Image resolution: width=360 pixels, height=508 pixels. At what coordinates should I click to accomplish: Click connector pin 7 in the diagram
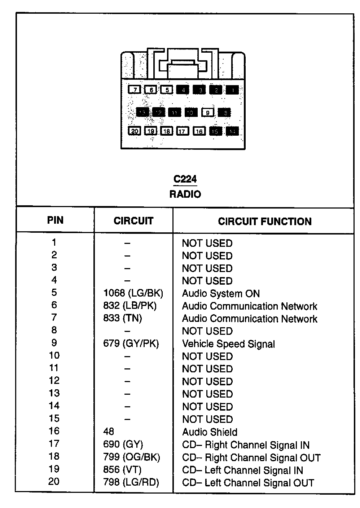134,89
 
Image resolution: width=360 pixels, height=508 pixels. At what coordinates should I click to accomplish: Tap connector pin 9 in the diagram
208,113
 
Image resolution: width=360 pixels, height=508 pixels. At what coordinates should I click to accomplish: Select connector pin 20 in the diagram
134,131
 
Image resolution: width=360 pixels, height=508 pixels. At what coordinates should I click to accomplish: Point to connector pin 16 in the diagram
199,131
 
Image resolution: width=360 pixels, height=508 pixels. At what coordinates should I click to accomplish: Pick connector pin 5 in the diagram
167,89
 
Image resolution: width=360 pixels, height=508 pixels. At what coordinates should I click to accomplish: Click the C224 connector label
185,179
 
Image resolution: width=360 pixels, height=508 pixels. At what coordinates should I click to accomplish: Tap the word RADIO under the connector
185,194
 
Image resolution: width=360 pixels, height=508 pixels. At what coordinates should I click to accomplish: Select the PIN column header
55,220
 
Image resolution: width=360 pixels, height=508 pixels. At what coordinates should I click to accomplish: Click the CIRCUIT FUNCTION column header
264,221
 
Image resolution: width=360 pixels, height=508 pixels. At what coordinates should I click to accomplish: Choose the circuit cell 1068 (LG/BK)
133,293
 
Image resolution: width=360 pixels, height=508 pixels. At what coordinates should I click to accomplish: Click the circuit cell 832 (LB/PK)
130,306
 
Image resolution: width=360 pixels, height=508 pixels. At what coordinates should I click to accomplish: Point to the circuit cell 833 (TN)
123,318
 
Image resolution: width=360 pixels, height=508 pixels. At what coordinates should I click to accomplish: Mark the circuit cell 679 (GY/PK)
131,343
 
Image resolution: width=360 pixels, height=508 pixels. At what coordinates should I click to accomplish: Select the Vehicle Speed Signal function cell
228,344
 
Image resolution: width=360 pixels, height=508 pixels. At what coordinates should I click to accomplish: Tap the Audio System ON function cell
221,294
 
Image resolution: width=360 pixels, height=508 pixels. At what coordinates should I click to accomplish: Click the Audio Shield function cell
210,432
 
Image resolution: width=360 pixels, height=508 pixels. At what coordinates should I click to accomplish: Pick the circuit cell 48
109,432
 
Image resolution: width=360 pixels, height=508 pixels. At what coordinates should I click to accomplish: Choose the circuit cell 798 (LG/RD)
131,482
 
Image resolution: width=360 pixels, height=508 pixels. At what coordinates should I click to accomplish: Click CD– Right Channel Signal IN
246,445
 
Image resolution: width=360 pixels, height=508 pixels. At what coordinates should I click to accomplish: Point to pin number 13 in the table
54,393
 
